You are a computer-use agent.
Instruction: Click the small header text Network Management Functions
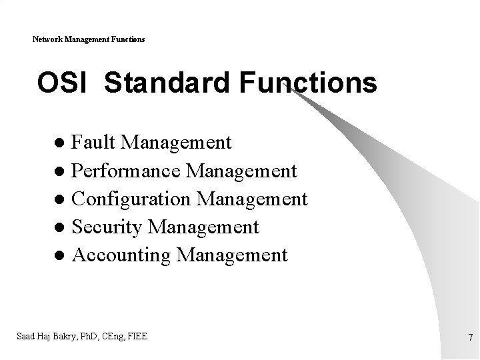[x=89, y=40]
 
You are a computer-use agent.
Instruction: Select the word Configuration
[x=132, y=199]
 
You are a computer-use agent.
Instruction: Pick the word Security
[x=107, y=227]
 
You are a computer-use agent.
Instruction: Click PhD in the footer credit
[x=90, y=336]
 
